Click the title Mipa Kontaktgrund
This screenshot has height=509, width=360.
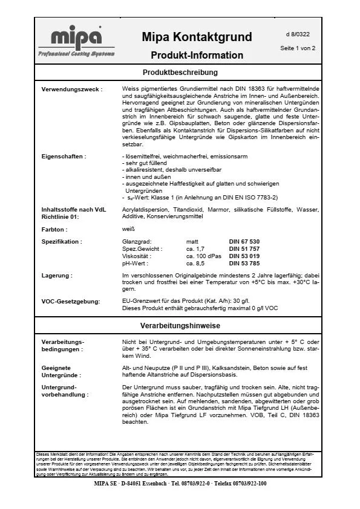point(197,37)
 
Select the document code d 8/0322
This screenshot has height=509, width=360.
point(298,34)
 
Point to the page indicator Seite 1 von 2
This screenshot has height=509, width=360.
point(298,48)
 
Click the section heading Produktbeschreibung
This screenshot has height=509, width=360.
point(180,73)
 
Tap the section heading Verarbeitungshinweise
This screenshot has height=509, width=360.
point(180,325)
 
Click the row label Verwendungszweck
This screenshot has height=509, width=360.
point(71,89)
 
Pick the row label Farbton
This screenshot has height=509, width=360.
point(54,230)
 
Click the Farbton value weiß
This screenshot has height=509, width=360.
point(128,230)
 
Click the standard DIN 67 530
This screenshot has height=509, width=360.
point(244,241)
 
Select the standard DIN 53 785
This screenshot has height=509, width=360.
point(244,264)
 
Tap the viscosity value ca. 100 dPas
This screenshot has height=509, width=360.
point(205,256)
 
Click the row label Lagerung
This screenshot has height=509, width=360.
point(57,275)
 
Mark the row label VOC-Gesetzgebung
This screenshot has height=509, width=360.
point(71,300)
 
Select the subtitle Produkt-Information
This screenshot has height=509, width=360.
point(197,55)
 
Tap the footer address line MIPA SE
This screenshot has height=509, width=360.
point(180,484)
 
